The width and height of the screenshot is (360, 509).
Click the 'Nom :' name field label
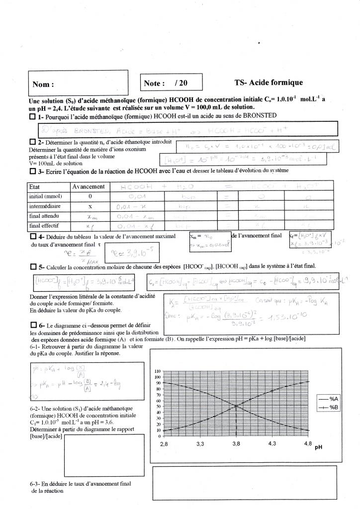pyautogui.click(x=43, y=85)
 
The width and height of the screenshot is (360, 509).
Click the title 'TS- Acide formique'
pyautogui.click(x=269, y=83)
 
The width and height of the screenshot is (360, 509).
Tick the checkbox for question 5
pyautogui.click(x=33, y=267)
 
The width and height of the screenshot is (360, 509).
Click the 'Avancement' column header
pyautogui.click(x=89, y=187)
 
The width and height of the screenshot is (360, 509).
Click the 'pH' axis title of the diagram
pyautogui.click(x=318, y=446)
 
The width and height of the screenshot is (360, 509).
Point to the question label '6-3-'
pyautogui.click(x=37, y=483)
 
